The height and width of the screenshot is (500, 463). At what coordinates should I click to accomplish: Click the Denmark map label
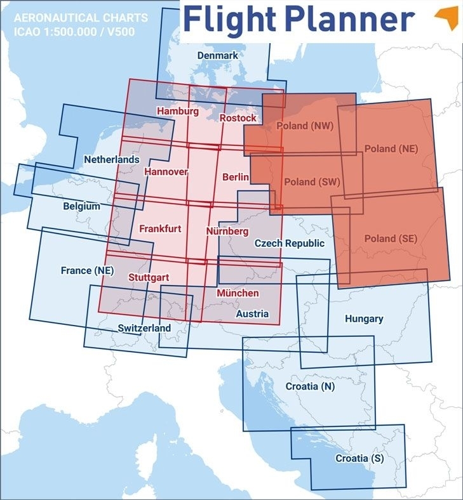[217, 56]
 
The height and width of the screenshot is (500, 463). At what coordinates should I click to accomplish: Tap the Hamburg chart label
[177, 111]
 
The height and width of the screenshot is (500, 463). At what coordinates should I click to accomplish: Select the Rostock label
[238, 118]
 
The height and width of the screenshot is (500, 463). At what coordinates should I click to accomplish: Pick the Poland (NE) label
[391, 148]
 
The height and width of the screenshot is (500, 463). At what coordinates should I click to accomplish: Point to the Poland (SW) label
[312, 181]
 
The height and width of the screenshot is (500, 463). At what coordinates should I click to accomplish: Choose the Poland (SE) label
[391, 239]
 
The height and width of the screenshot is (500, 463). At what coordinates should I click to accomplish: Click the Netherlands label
[112, 159]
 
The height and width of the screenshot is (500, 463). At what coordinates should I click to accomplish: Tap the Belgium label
[81, 206]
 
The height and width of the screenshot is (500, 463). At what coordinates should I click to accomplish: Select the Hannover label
[166, 172]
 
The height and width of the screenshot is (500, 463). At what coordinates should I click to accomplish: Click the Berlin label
[236, 177]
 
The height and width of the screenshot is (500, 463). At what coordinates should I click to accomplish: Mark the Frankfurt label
[160, 228]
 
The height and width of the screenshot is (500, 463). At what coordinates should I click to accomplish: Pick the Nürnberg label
[227, 232]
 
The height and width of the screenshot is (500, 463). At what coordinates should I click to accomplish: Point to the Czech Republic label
[289, 243]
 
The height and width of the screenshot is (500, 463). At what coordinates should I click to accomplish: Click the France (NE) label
[87, 270]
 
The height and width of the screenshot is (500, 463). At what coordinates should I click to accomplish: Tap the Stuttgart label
[148, 277]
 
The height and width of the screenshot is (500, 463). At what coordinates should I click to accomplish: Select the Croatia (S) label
[359, 458]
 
